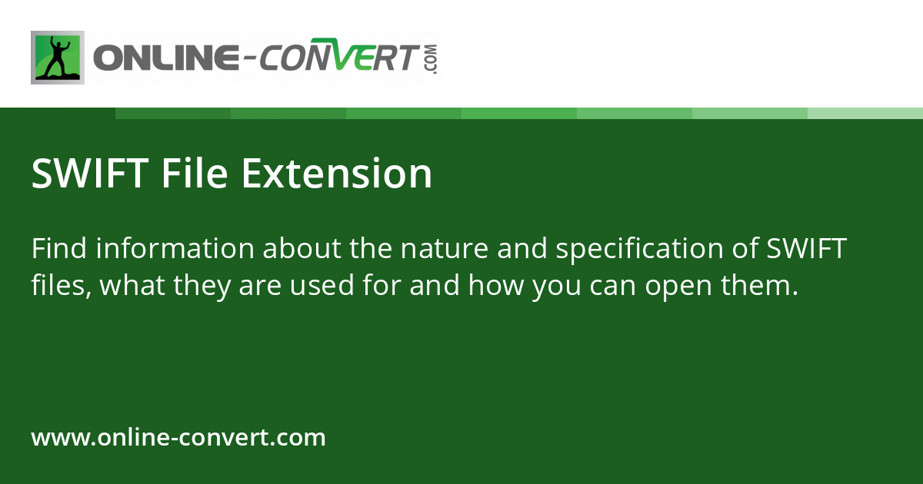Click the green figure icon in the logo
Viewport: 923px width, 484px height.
click(58, 58)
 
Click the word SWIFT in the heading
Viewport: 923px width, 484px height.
click(90, 174)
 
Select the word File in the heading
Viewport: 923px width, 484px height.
click(195, 174)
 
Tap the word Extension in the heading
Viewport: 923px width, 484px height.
click(336, 174)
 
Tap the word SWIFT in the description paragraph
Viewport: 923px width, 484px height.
click(808, 249)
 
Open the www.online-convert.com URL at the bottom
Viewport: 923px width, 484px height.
click(178, 438)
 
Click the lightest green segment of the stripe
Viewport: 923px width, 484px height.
click(865, 113)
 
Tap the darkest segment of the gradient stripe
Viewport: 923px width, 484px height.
click(173, 113)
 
